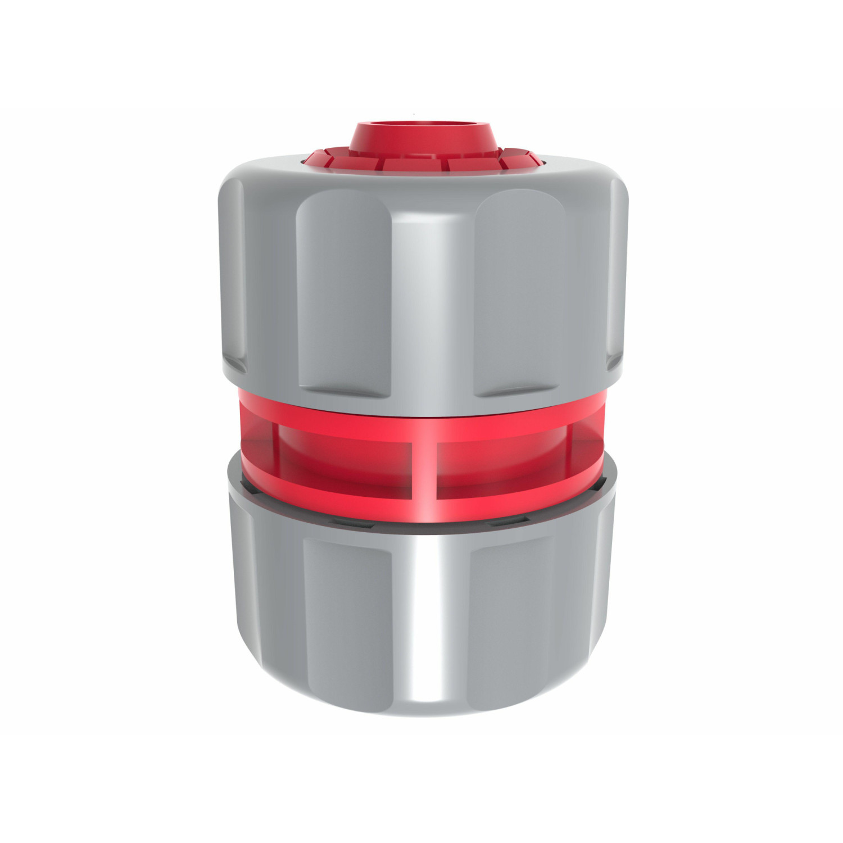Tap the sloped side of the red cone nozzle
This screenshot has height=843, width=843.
pos(422,140)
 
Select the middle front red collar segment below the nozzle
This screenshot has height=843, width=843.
pos(422,161)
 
